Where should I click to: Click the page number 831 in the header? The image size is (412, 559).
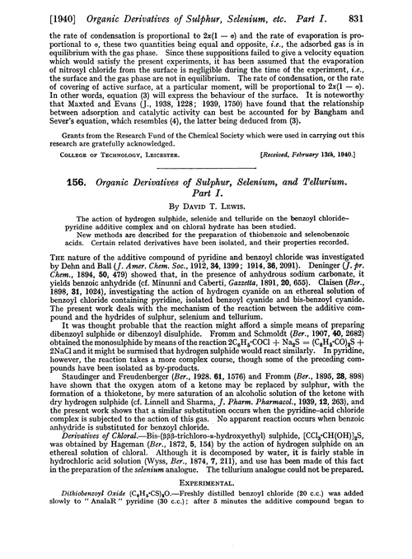pos(391,12)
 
